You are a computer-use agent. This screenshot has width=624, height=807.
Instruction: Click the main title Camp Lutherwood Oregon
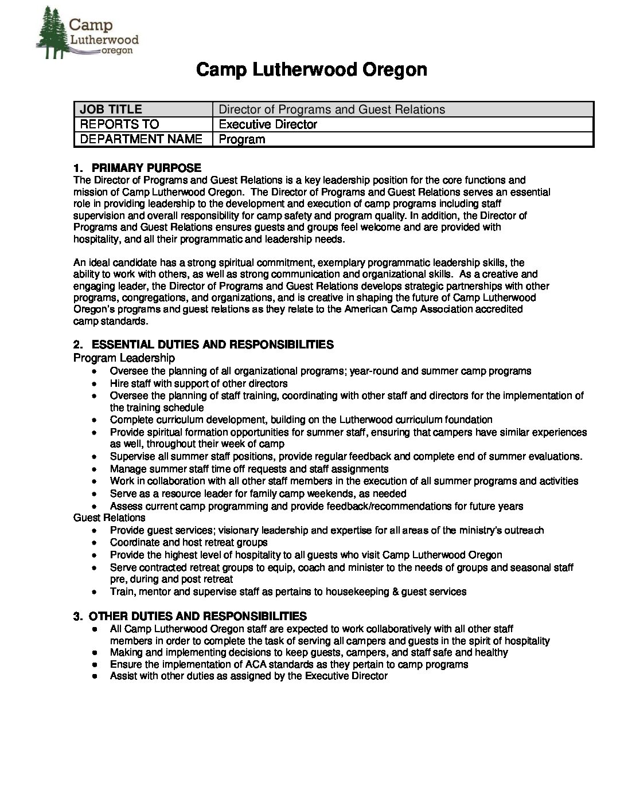point(311,70)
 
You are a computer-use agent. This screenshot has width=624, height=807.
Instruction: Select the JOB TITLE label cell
point(143,109)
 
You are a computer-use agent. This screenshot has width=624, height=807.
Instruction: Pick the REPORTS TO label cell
point(143,124)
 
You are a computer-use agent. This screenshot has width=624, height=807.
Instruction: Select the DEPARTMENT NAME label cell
point(143,139)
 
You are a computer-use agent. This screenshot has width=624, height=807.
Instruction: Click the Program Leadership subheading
point(124,358)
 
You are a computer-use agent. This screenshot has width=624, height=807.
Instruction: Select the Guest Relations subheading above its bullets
point(109,518)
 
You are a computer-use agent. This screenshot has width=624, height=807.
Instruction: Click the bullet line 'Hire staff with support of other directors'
point(198,383)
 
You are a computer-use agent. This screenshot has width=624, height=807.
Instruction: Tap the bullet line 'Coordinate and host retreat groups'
point(189,542)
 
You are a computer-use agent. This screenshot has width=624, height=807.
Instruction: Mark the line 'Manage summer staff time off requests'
point(249,469)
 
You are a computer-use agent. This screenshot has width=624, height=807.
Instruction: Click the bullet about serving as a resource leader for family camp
point(258,493)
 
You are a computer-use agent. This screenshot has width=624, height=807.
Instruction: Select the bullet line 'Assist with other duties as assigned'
point(248,676)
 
